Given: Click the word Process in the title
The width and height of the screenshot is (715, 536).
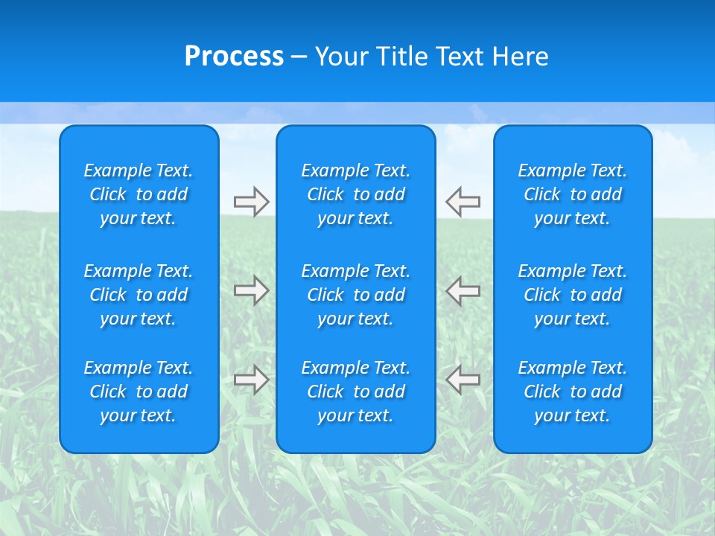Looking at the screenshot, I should click(x=234, y=57).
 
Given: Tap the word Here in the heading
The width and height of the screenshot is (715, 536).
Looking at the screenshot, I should click(x=520, y=57).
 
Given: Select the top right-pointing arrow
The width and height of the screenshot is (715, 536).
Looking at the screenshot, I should click(x=251, y=202).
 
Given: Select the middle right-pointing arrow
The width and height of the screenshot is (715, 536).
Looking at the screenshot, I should click(x=251, y=290).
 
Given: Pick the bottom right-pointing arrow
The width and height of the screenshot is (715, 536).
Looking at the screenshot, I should click(x=251, y=380).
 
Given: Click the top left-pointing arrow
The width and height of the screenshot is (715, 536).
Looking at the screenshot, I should click(x=463, y=202).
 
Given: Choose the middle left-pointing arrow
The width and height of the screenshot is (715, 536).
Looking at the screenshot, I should click(x=463, y=290).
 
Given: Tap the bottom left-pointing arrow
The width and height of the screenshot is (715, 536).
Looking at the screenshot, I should click(x=463, y=380).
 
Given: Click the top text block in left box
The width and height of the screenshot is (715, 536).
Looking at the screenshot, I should click(x=139, y=194).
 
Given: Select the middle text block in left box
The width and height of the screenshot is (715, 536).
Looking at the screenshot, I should click(x=139, y=295).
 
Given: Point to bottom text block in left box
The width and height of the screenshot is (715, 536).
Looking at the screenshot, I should click(x=139, y=392).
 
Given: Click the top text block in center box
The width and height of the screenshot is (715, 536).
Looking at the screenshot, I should click(x=356, y=194).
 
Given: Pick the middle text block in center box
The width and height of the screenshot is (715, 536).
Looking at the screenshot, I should click(x=356, y=295).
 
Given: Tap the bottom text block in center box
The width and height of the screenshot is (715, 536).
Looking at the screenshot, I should click(x=356, y=392).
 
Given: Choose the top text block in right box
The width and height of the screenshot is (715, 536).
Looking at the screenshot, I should click(x=573, y=194).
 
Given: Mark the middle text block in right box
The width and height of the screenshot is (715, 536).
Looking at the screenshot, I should click(x=573, y=295).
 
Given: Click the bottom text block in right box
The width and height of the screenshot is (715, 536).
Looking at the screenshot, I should click(x=573, y=392).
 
